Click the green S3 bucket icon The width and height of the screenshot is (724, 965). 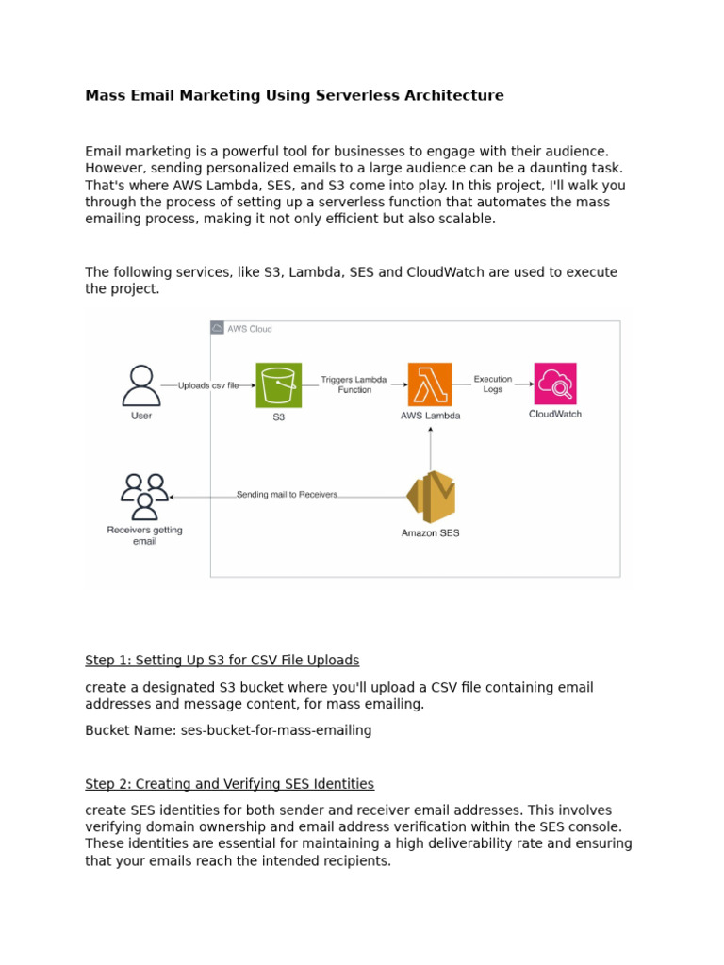[279, 384]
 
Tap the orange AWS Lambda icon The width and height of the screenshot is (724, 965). [430, 384]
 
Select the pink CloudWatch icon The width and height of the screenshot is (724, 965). [555, 384]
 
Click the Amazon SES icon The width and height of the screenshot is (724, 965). [431, 497]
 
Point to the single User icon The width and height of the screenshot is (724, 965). [141, 385]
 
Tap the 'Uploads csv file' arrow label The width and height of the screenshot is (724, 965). [208, 385]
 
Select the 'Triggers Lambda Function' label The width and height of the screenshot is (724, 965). [354, 384]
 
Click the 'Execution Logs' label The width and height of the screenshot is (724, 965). [493, 384]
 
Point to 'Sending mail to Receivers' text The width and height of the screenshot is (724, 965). [287, 494]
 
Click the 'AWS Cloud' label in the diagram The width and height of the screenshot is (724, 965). [250, 329]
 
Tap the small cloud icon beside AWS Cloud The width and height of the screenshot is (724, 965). [218, 328]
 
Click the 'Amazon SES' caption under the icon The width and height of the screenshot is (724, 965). [431, 533]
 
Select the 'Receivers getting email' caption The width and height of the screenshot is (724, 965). [144, 535]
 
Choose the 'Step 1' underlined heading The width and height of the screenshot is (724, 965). [222, 660]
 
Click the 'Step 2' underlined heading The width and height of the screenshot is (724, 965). [229, 784]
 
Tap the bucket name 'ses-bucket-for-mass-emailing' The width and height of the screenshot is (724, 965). [276, 730]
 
